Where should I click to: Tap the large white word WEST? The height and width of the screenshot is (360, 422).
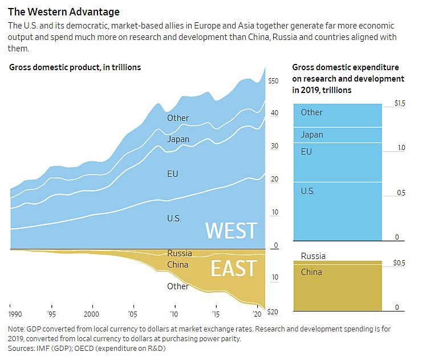231,230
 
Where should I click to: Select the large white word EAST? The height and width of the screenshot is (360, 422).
234,268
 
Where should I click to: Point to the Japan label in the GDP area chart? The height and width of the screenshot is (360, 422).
178,139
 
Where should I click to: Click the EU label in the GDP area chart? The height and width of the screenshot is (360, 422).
173,173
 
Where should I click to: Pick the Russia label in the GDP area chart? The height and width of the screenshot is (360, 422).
180,253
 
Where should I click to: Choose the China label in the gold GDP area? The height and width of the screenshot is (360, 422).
178,265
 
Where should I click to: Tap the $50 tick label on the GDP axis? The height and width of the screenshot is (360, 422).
273,82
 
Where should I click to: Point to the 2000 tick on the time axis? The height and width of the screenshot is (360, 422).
91,314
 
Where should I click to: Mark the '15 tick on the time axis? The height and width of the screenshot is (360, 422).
216,314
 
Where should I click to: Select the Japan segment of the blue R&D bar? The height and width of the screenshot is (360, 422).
336,135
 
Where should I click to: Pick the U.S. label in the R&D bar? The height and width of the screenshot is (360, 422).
308,191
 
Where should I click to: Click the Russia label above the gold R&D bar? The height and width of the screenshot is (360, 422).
313,256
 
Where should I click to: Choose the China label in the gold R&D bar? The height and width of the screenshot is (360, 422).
311,272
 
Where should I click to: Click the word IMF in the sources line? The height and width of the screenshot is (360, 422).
43,348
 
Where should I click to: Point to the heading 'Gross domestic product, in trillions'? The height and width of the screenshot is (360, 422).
75,67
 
